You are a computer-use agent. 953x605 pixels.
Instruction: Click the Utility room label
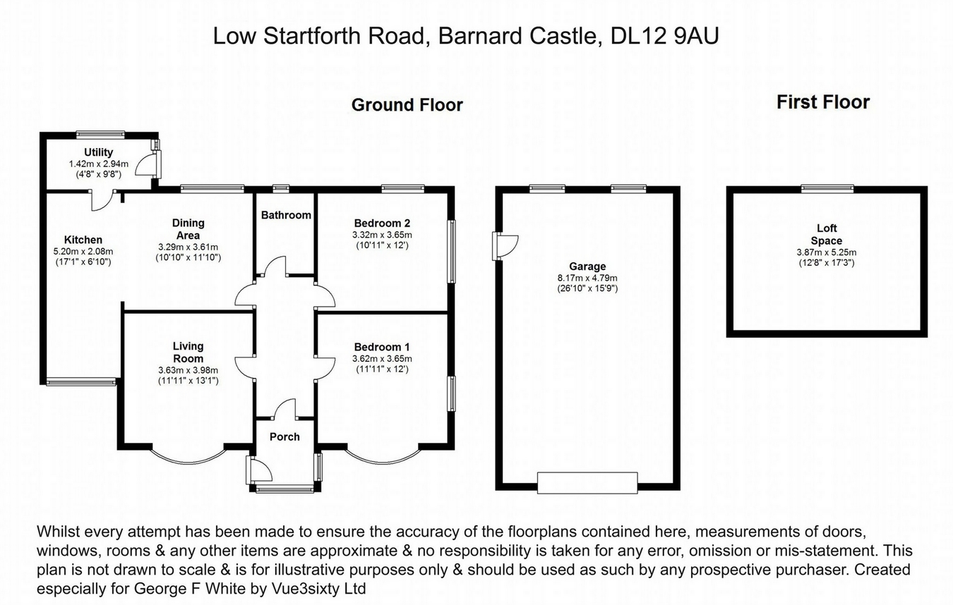pyautogui.click(x=98, y=152)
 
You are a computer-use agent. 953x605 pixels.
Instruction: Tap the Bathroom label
pyautogui.click(x=286, y=215)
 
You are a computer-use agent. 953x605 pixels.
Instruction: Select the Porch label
pyautogui.click(x=284, y=436)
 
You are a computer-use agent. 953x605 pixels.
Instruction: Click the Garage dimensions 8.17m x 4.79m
pyautogui.click(x=587, y=279)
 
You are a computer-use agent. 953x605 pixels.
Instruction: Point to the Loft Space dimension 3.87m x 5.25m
pyautogui.click(x=826, y=252)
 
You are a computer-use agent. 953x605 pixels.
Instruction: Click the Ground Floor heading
pyautogui.click(x=407, y=105)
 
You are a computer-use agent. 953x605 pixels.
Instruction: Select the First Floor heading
pyautogui.click(x=823, y=102)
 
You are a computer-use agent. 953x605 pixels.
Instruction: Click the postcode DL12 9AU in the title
pyautogui.click(x=664, y=36)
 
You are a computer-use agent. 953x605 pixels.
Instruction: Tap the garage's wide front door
pyautogui.click(x=587, y=482)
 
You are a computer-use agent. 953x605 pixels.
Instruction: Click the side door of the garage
pyautogui.click(x=505, y=245)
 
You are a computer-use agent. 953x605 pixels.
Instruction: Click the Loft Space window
pyautogui.click(x=827, y=189)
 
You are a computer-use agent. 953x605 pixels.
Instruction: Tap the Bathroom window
pyautogui.click(x=281, y=188)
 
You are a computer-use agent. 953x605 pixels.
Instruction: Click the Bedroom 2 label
pyautogui.click(x=382, y=223)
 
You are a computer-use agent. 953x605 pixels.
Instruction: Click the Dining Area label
pyautogui.click(x=188, y=229)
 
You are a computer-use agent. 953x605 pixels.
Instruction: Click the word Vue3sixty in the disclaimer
pyautogui.click(x=304, y=589)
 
